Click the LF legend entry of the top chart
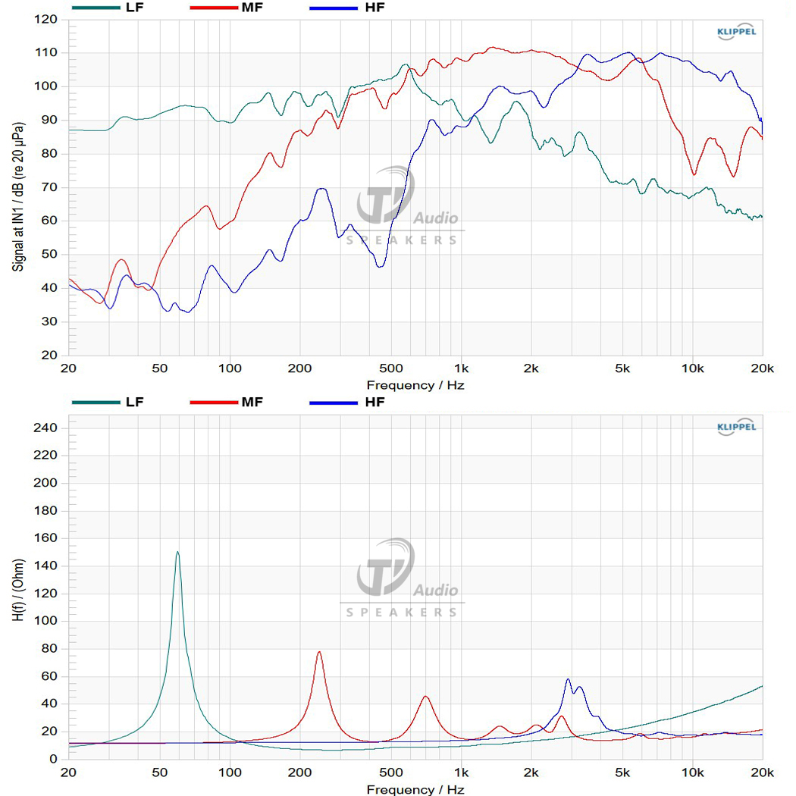108,8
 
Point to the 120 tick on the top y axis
45,19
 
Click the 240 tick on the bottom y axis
45,428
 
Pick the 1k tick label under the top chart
461,368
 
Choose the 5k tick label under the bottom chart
622,772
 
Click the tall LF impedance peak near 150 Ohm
177,553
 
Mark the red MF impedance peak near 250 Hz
319,652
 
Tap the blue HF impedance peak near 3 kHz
568,680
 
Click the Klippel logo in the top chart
736,32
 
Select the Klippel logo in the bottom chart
736,427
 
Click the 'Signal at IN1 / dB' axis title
18,196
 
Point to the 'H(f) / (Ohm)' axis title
18,590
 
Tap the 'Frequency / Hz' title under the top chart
415,385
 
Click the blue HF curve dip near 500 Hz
381,266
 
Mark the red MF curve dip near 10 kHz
694,174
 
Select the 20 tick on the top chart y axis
49,355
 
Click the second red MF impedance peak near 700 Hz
425,697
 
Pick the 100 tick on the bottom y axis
45,620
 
